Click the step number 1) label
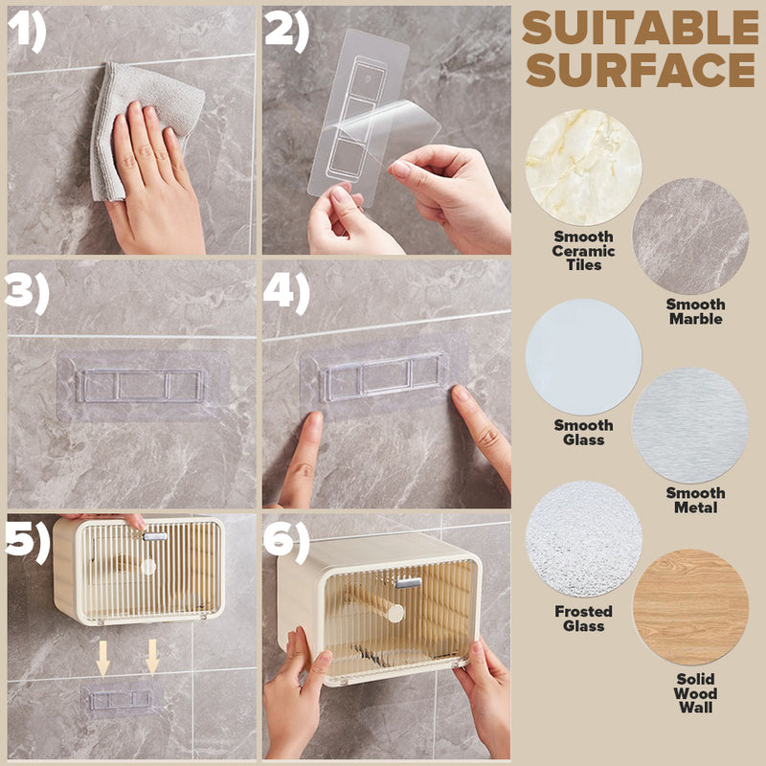click(28, 31)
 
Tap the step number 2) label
click(286, 32)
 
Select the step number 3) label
click(28, 293)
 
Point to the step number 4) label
click(286, 293)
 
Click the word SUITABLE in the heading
click(641, 28)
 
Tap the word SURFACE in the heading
click(641, 70)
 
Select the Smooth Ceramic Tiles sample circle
click(583, 168)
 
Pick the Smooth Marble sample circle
click(690, 236)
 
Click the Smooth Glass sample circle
click(583, 357)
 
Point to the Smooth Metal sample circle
click(690, 425)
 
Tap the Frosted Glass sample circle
click(583, 539)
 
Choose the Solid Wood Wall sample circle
click(690, 607)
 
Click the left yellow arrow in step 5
click(102, 658)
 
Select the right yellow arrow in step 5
click(152, 658)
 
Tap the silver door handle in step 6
click(409, 583)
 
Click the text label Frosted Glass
click(583, 619)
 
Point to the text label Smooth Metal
click(695, 500)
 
